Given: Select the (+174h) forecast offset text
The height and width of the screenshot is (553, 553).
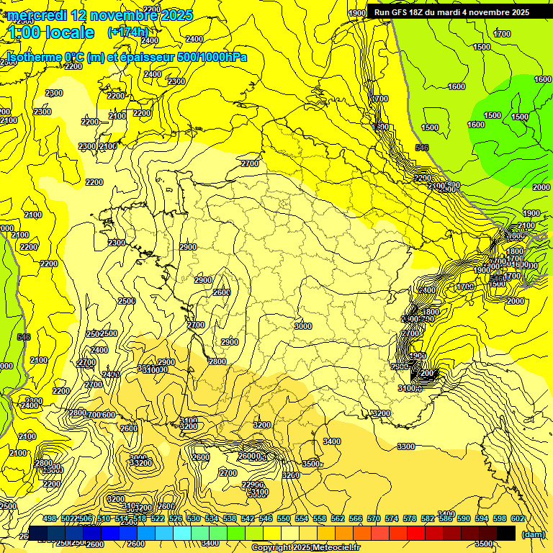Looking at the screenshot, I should coord(127,32).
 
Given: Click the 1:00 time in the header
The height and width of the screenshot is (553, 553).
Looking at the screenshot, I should coord(27,32).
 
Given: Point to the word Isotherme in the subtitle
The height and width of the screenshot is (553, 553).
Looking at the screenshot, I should coord(34,57).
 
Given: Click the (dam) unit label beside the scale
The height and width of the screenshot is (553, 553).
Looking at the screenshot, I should coord(534,534).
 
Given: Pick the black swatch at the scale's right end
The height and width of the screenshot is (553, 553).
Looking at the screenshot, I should coord(506,532).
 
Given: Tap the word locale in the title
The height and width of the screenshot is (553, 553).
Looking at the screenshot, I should coord(70,32).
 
